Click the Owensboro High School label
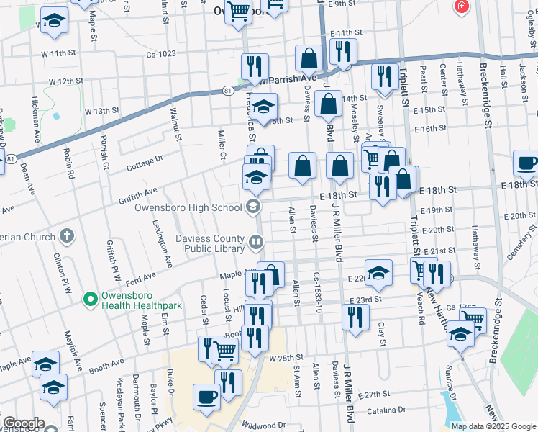click(188, 207)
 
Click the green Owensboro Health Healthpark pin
click(90, 297)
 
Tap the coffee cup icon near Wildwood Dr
click(207, 396)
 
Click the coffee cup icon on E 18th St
click(527, 163)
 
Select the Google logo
click(23, 423)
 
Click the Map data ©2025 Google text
click(493, 426)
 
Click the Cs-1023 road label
click(161, 53)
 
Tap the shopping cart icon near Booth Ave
click(225, 350)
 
